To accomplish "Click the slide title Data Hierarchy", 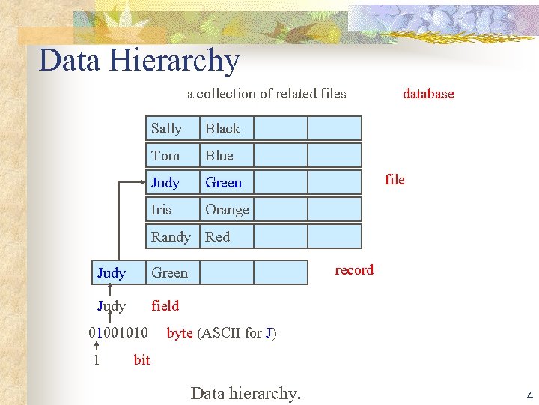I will (x=139, y=61).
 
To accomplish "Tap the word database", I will (x=428, y=94).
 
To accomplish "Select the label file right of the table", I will (x=395, y=179).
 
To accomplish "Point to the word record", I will (x=354, y=270).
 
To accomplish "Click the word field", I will (x=165, y=305).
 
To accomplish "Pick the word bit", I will (x=141, y=359).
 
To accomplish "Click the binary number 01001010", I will (x=118, y=332).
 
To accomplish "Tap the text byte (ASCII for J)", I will (x=222, y=332).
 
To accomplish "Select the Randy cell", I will (x=171, y=236).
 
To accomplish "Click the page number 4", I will (x=529, y=395).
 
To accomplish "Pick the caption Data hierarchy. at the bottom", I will (x=246, y=393).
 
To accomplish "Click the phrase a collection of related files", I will (x=267, y=94).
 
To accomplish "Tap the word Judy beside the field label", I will (x=112, y=305).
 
